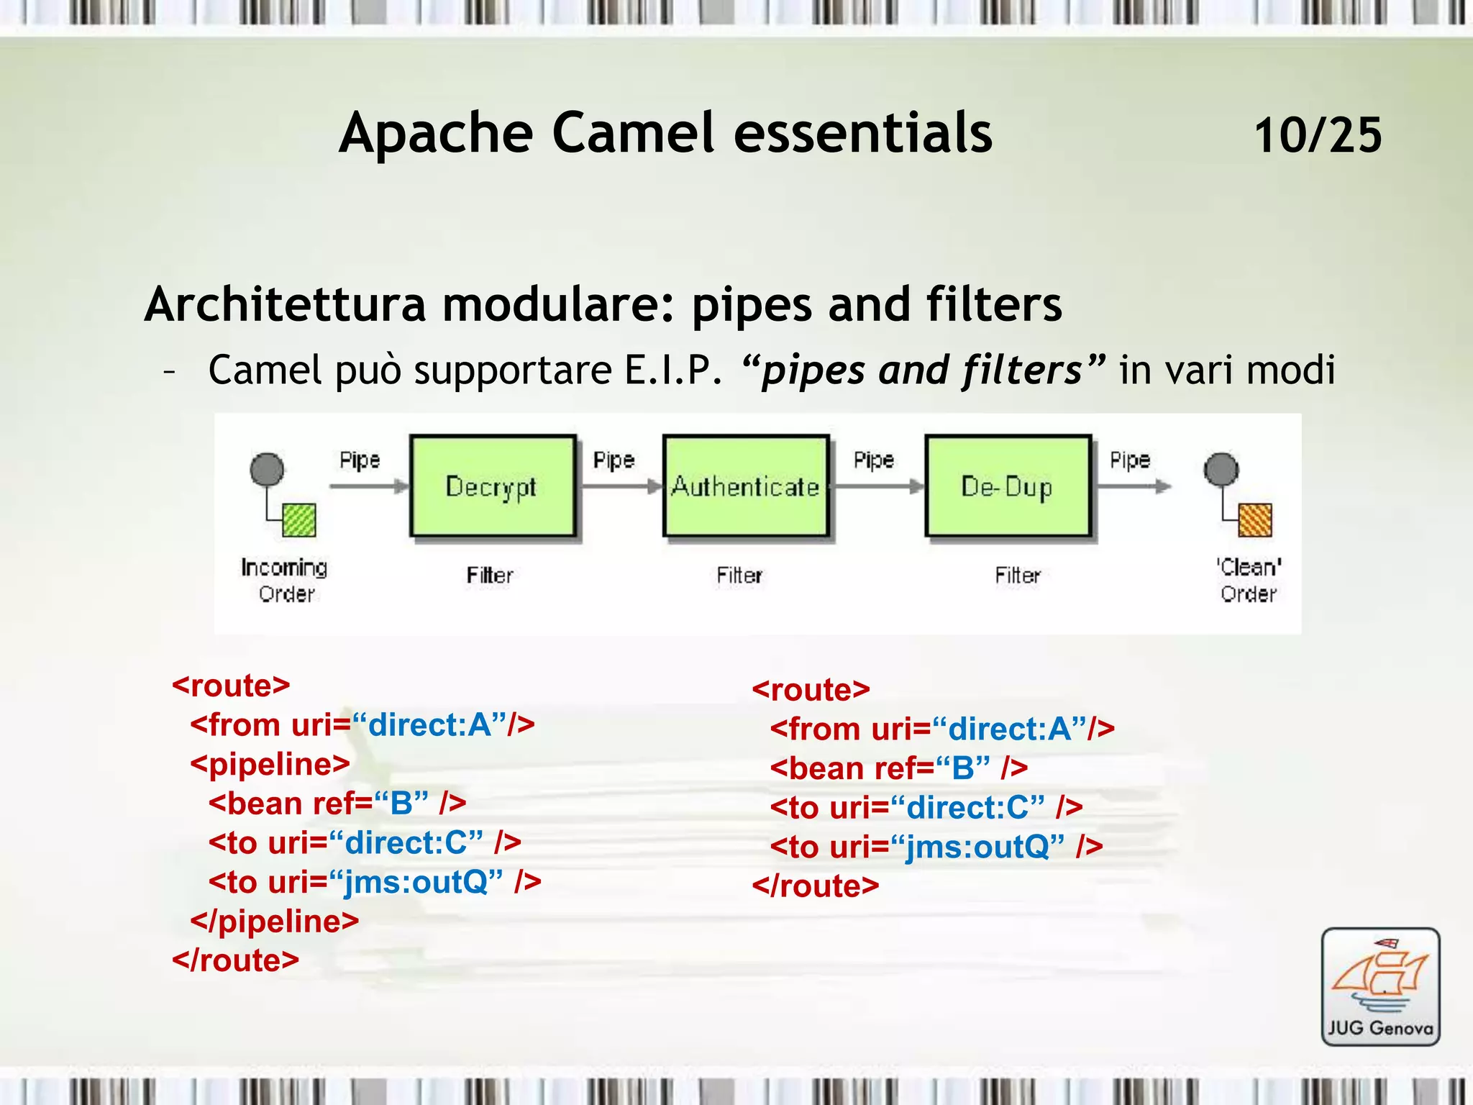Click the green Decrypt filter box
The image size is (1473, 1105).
[493, 486]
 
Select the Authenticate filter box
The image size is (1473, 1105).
[746, 486]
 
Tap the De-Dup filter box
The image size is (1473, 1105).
[1008, 486]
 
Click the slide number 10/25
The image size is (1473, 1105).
[1318, 135]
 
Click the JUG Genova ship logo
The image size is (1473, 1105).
[1380, 986]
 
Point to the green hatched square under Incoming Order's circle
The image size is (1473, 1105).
[299, 519]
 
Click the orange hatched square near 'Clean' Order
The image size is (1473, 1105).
[1255, 519]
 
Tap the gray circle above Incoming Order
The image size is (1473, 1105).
[267, 469]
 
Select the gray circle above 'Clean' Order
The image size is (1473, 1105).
[1221, 469]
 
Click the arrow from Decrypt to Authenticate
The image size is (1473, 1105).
[621, 487]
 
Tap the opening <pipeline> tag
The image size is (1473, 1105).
[270, 764]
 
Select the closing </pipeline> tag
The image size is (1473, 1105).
[274, 922]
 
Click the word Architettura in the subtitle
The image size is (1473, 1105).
[285, 304]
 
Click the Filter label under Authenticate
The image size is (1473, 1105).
[739, 576]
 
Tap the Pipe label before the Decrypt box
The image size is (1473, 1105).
[360, 460]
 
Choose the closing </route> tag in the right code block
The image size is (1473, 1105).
[815, 886]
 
